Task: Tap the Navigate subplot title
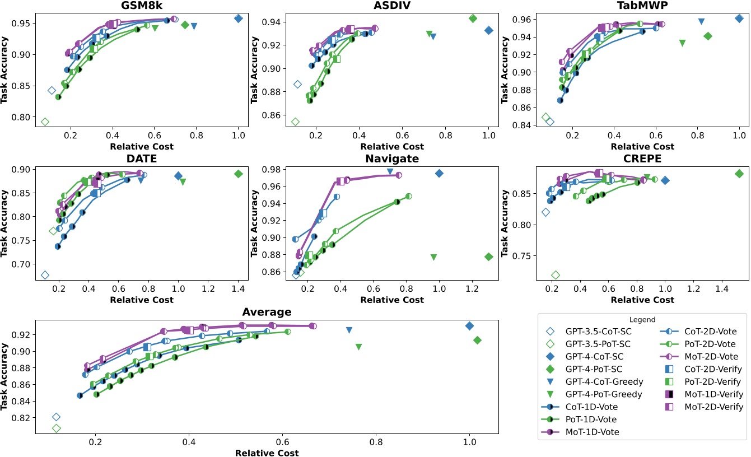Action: click(392, 158)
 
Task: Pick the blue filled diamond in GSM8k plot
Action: click(238, 18)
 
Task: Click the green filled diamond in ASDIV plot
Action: click(473, 18)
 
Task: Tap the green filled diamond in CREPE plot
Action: click(739, 174)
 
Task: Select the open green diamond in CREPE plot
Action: click(556, 275)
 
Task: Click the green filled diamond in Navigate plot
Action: click(489, 257)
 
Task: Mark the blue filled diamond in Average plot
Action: click(469, 326)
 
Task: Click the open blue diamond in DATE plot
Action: click(45, 275)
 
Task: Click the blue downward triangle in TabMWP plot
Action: click(701, 21)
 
